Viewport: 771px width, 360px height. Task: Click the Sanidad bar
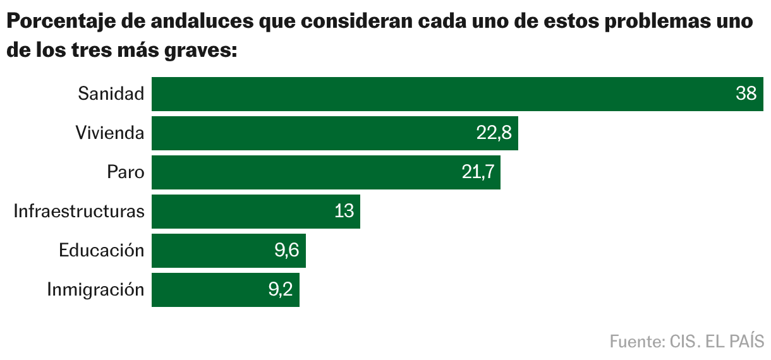point(442,94)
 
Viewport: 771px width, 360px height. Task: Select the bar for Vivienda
point(310,133)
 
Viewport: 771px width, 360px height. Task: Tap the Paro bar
point(303,172)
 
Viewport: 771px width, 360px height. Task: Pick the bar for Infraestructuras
point(240,212)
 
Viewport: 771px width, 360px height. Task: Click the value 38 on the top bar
point(746,94)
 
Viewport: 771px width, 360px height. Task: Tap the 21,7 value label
point(477,172)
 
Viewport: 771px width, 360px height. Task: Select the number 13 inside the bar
point(344,212)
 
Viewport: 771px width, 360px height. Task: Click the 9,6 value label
point(286,251)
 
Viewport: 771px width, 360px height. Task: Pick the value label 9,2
point(279,290)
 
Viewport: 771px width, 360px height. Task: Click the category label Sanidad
point(111,94)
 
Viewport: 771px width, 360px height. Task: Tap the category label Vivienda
point(109,133)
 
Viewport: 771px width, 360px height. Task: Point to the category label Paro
point(126,172)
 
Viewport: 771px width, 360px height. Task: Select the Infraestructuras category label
point(79,212)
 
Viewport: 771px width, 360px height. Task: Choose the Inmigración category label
point(95,290)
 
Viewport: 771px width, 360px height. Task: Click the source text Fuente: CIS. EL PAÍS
point(686,342)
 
